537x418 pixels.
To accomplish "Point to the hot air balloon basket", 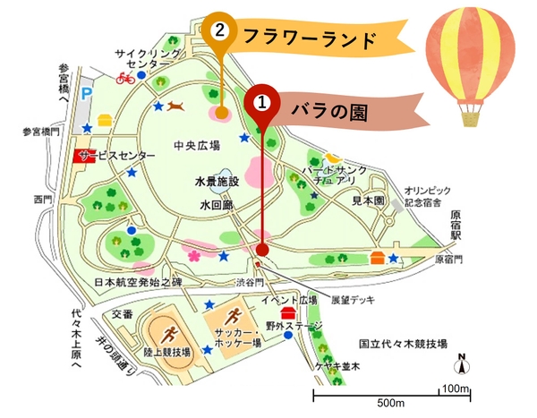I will pyautogui.click(x=471, y=115).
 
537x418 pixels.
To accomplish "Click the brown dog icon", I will pyautogui.click(x=177, y=107).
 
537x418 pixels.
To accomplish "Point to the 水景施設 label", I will pyautogui.click(x=217, y=181).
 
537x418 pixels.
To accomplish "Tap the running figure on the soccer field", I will pyautogui.click(x=234, y=315).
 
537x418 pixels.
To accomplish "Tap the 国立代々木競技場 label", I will pyautogui.click(x=403, y=344).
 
